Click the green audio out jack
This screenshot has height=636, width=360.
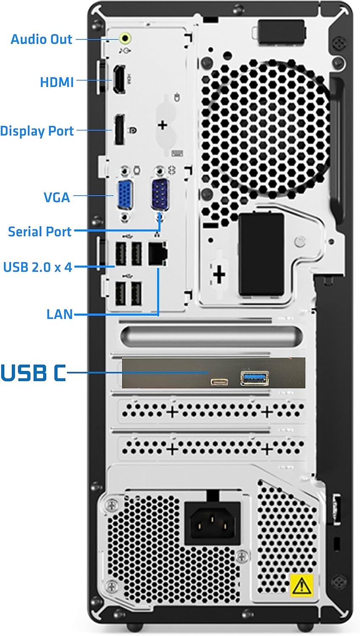(x=125, y=38)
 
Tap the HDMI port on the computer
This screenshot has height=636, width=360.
(x=119, y=79)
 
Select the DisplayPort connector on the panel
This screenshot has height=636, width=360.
(x=119, y=129)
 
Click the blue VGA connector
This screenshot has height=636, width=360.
(x=124, y=195)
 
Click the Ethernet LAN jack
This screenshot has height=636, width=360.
(x=158, y=254)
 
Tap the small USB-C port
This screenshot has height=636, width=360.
(x=219, y=381)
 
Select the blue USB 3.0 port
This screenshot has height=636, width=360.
(x=254, y=378)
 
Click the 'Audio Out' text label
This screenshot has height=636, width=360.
(x=42, y=39)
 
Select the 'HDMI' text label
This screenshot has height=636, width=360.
(x=57, y=82)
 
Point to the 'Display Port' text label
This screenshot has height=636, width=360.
(x=37, y=131)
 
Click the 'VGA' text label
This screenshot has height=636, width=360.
(x=57, y=197)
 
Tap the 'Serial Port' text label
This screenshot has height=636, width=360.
(x=40, y=232)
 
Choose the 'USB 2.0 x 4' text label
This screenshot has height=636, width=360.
(x=38, y=267)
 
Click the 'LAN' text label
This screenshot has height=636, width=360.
(x=60, y=314)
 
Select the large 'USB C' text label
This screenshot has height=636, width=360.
(x=33, y=373)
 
